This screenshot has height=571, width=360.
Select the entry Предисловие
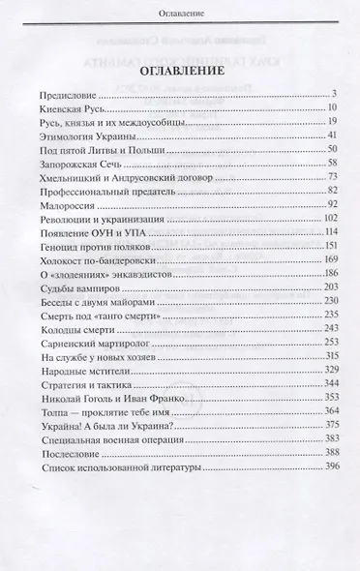click(73, 94)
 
